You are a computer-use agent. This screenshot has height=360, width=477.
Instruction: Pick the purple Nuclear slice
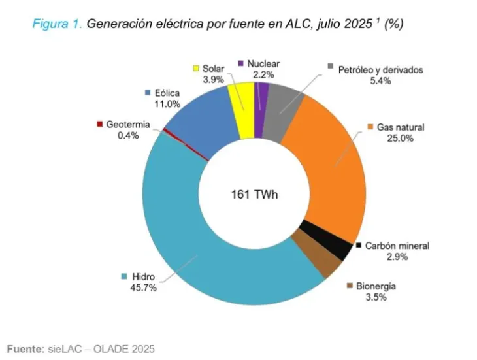click(x=261, y=105)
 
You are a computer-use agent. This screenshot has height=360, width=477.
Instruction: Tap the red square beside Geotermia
click(x=99, y=124)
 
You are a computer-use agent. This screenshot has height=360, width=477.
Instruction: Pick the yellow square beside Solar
click(x=195, y=67)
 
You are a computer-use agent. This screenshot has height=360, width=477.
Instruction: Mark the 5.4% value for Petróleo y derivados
click(x=381, y=80)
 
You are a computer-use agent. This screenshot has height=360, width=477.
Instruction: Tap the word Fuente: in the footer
click(x=25, y=348)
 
